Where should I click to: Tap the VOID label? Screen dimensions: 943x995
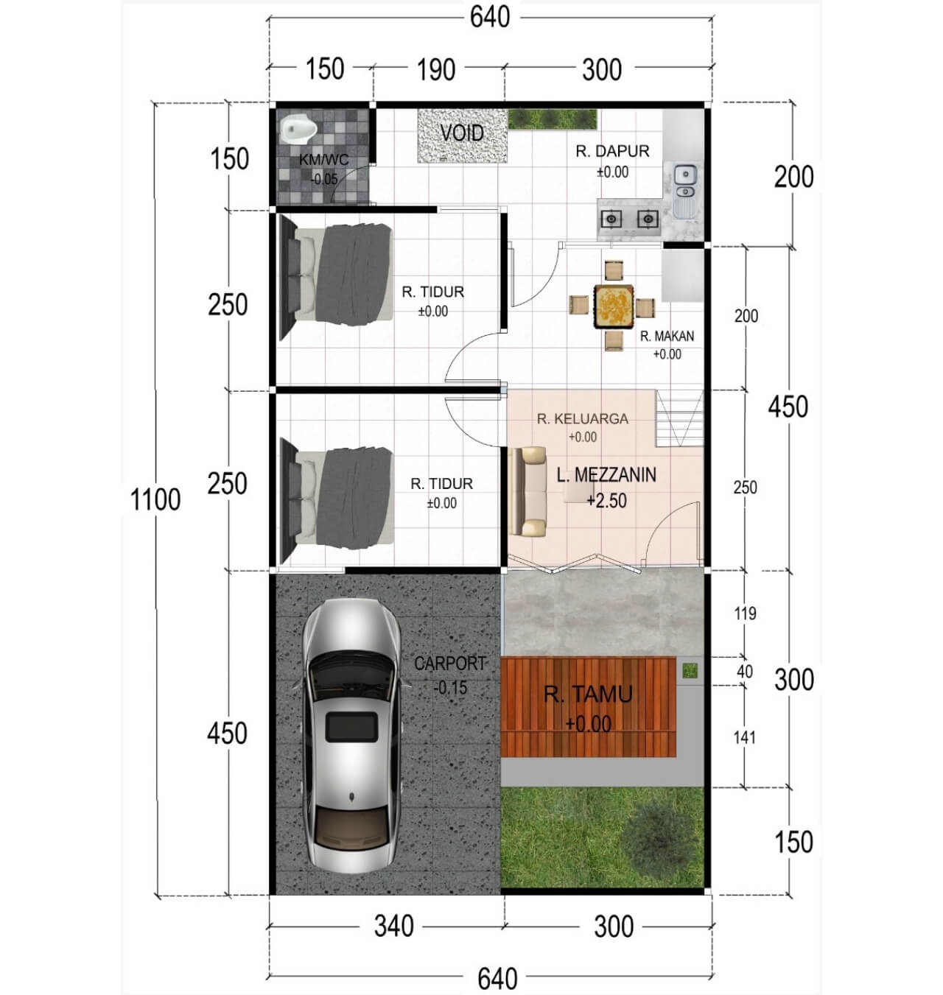tap(461, 133)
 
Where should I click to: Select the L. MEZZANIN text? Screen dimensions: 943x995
tap(606, 475)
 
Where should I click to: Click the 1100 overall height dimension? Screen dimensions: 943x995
tap(155, 499)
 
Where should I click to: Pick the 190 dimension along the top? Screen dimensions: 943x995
tap(436, 70)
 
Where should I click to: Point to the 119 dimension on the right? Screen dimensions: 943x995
tap(745, 613)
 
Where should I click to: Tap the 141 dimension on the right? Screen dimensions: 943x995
tap(745, 737)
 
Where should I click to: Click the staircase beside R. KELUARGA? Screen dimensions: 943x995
tap(680, 418)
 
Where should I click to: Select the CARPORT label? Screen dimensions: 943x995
tap(449, 664)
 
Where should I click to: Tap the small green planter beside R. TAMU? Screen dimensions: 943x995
tap(690, 671)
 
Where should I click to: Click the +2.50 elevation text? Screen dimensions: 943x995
tap(607, 501)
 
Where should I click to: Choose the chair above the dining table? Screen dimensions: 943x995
tap(614, 270)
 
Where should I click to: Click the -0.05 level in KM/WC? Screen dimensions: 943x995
tap(324, 179)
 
